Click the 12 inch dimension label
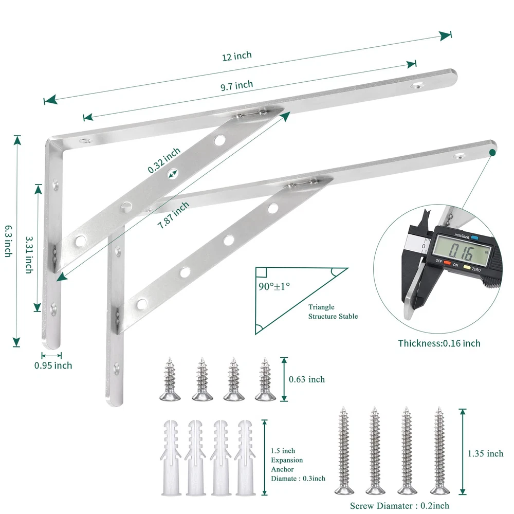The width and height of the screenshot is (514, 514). [x=236, y=56]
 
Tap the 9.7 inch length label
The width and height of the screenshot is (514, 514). [x=236, y=85]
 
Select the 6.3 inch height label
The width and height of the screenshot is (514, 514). [x=9, y=241]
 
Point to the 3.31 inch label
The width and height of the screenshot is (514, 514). [x=29, y=255]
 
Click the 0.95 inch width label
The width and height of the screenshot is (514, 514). [x=53, y=365]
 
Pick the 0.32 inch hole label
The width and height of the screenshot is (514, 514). [x=164, y=160]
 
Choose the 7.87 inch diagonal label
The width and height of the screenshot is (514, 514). [x=173, y=215]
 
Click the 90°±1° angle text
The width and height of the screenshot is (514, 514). [x=274, y=286]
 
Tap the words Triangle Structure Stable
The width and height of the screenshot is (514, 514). [x=333, y=311]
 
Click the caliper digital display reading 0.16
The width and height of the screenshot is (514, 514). [x=462, y=251]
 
